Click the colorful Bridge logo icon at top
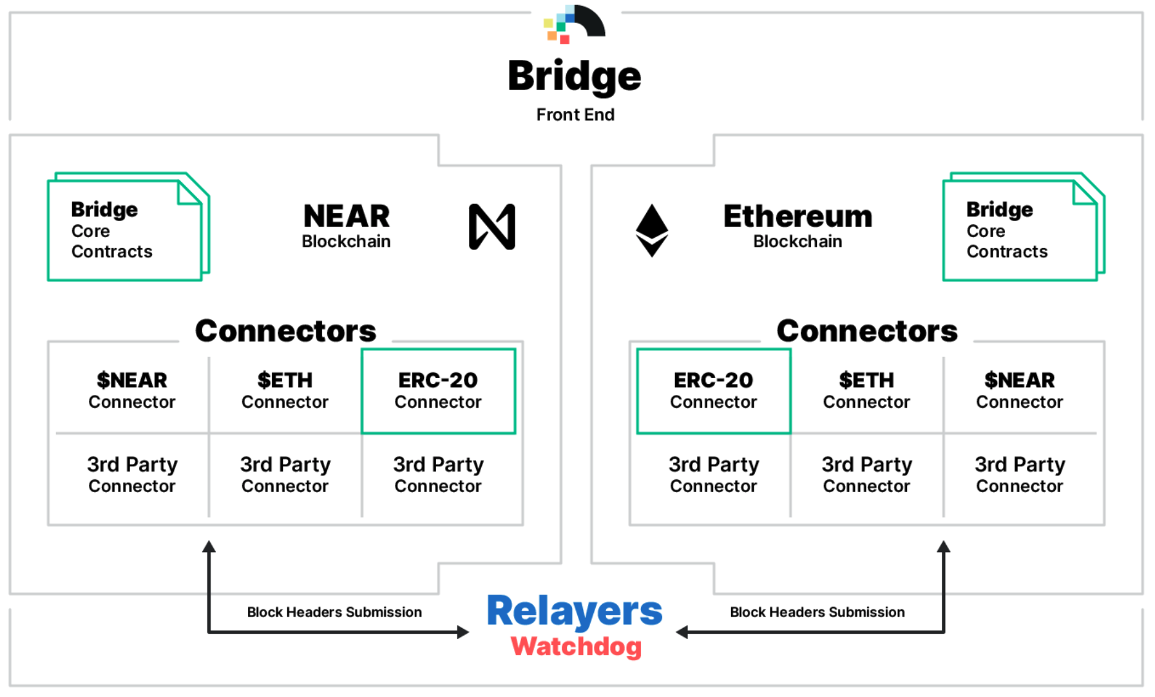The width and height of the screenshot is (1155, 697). pos(574,24)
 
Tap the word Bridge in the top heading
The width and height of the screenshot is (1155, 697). pos(574,76)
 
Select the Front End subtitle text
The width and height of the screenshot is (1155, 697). pos(575,115)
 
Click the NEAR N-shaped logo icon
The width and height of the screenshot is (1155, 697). pos(492,227)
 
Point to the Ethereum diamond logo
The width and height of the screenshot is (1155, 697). pos(652,230)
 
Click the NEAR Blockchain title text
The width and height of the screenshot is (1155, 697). pos(347,225)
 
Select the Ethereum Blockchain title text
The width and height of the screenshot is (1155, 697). pos(797,225)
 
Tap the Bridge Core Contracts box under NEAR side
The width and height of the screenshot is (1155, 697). pos(127,228)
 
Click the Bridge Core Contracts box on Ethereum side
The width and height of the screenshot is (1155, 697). pos(1022,228)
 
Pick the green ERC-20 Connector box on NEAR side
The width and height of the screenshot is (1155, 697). pos(438,391)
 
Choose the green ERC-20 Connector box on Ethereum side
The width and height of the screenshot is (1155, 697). pos(714,391)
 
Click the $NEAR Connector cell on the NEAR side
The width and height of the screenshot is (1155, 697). pos(132,391)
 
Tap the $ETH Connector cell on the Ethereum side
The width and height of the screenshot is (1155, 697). pos(866,391)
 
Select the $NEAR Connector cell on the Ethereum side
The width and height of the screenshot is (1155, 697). pos(1020,391)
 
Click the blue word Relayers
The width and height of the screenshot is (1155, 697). pos(574,611)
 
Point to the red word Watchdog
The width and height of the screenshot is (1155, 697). pos(576,646)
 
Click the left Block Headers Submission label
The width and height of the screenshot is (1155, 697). pos(334,612)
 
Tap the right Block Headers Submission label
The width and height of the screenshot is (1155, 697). pos(817,612)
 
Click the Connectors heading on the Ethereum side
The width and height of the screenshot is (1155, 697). pos(867,331)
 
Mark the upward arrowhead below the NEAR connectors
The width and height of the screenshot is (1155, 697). pos(209,547)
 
